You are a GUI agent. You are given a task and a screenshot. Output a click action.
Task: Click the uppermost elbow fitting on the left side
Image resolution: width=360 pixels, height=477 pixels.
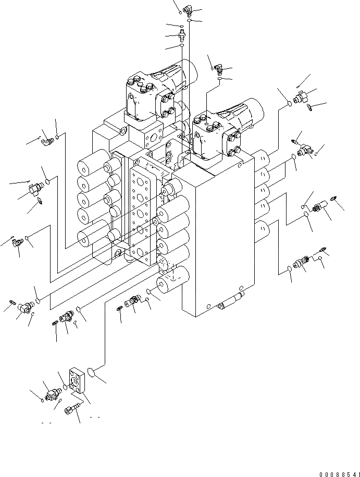click(48, 139)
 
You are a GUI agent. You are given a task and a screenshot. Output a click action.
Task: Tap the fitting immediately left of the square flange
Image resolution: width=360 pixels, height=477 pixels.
click(52, 394)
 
